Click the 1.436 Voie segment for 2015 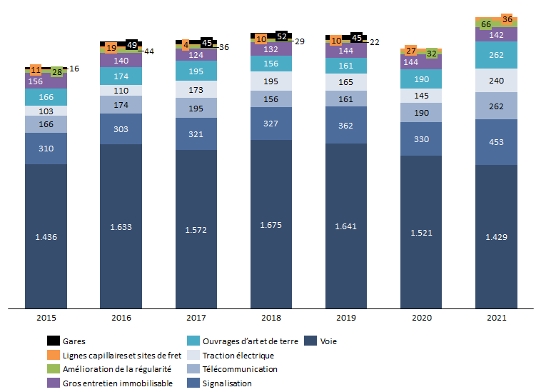[46, 236]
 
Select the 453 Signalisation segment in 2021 [496, 142]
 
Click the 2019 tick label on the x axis [346, 318]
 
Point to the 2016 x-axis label [121, 318]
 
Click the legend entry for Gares [74, 341]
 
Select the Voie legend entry [328, 341]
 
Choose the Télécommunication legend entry [241, 369]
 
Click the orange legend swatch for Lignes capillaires [53, 355]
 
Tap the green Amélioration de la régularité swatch [53, 369]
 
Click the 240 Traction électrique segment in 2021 [496, 81]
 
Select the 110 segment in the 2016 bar [121, 91]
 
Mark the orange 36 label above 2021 [508, 19]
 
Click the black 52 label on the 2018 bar [282, 36]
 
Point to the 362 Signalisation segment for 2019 [346, 125]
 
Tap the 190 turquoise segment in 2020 [421, 79]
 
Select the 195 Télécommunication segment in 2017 [196, 108]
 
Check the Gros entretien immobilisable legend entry [115, 383]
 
